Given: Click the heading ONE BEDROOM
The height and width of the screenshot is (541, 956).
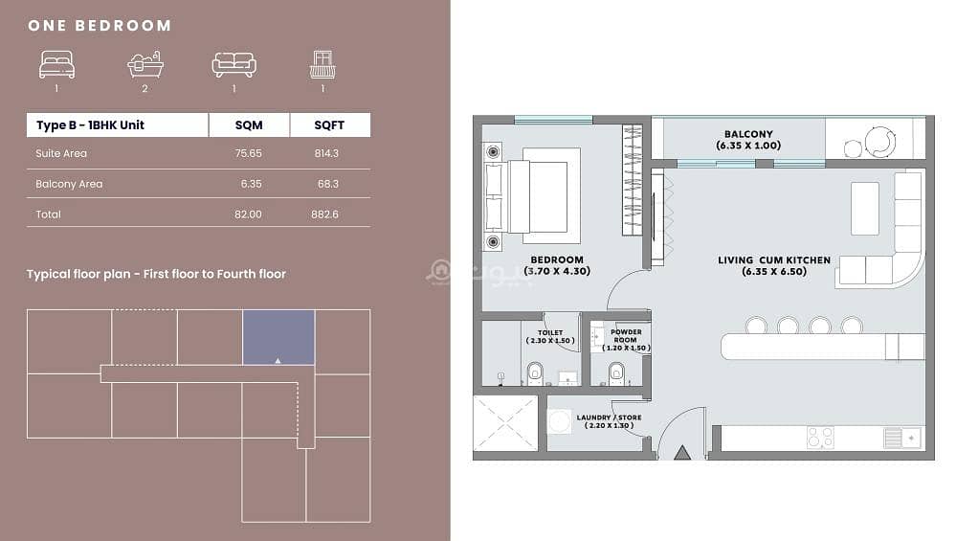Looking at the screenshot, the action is pos(100,26).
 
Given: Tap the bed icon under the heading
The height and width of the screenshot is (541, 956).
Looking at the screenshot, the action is pos(56,65).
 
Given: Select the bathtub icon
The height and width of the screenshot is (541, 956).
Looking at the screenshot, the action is pos(145,64).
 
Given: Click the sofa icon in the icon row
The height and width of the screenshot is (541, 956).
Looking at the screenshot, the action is pos(234,65).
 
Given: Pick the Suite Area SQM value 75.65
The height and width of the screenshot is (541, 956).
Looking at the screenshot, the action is pos(248,153).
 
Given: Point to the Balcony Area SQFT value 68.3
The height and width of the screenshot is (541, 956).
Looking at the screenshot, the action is pos(328,184).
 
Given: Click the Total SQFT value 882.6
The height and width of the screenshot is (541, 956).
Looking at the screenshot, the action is pos(324,214).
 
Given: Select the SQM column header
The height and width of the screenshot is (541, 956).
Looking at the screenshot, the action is pos(249,125).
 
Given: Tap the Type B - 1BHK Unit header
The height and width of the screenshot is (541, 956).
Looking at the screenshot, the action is pos(90,125).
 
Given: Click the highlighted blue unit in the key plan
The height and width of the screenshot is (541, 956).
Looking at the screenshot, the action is pos(278,337).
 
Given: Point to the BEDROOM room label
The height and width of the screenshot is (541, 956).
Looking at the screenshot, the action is pos(557,259).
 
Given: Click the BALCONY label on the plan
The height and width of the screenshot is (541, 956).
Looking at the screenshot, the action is pos(748,134).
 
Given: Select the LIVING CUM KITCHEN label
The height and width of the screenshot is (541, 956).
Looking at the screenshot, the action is pos(774,259).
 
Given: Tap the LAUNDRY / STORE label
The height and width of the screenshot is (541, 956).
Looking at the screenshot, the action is pos(609,417).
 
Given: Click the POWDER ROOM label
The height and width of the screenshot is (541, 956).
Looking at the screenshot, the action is pos(626,336).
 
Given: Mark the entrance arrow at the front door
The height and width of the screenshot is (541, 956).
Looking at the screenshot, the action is pos(682,453).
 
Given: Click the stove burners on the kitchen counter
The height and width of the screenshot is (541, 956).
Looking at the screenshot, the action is pos(820,438).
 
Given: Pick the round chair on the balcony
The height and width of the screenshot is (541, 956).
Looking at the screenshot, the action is pos(878,142).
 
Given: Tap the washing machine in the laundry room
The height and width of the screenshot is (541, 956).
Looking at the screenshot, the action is pos(559,421).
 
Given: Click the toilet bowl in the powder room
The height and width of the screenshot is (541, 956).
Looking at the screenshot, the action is pos(616,373).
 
